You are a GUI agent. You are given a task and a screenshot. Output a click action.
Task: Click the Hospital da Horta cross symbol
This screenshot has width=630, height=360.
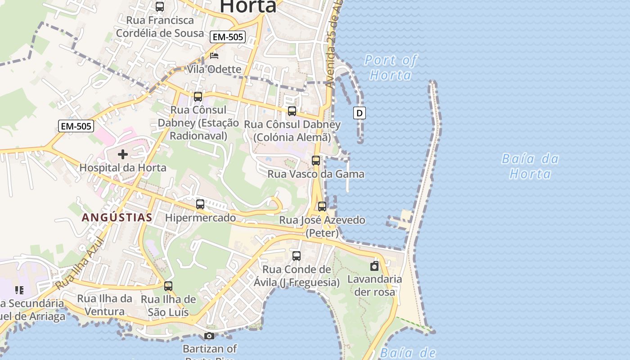coord(122,154)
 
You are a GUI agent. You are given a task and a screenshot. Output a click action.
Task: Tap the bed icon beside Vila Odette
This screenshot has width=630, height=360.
coord(214,56)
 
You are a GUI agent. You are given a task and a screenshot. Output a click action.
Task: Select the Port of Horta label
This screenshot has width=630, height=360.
coord(391,67)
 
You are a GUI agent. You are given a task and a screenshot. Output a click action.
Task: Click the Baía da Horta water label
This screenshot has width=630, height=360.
coord(530,166)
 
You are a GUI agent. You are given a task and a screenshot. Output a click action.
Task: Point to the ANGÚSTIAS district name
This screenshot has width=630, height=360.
coord(117,218)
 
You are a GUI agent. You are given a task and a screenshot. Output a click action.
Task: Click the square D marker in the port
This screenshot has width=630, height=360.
coord(359,113)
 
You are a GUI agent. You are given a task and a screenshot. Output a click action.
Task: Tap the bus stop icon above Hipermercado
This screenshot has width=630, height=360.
coord(200,204)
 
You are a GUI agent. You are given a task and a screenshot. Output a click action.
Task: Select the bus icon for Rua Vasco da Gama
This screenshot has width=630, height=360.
coord(316,160)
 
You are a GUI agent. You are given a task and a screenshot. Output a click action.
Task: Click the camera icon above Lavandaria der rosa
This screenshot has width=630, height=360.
coord(374,266)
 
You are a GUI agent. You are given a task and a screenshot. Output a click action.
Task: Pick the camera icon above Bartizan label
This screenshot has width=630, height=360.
coord(209,336)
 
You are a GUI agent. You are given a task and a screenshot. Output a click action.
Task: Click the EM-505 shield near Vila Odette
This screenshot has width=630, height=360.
coord(227,37)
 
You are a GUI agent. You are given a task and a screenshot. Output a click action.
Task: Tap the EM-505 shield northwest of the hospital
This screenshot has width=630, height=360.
coord(76,126)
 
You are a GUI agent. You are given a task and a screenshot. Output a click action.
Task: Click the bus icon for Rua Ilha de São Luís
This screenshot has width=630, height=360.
coord(168,286)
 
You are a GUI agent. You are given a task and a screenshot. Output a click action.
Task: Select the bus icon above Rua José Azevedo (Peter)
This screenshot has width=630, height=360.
coord(322,207)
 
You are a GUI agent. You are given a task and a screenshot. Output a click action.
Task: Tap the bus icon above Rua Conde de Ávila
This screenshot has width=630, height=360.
coord(297,256)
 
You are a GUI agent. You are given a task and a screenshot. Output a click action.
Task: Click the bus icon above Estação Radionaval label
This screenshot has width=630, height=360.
coord(198,96)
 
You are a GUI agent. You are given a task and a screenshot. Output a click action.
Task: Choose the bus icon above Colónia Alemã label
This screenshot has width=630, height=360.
coord(292,111)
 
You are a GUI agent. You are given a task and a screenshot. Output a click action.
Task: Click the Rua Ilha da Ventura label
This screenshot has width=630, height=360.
coord(104,305)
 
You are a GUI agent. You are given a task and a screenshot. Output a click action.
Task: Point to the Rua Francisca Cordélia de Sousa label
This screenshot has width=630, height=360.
coord(160,27)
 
